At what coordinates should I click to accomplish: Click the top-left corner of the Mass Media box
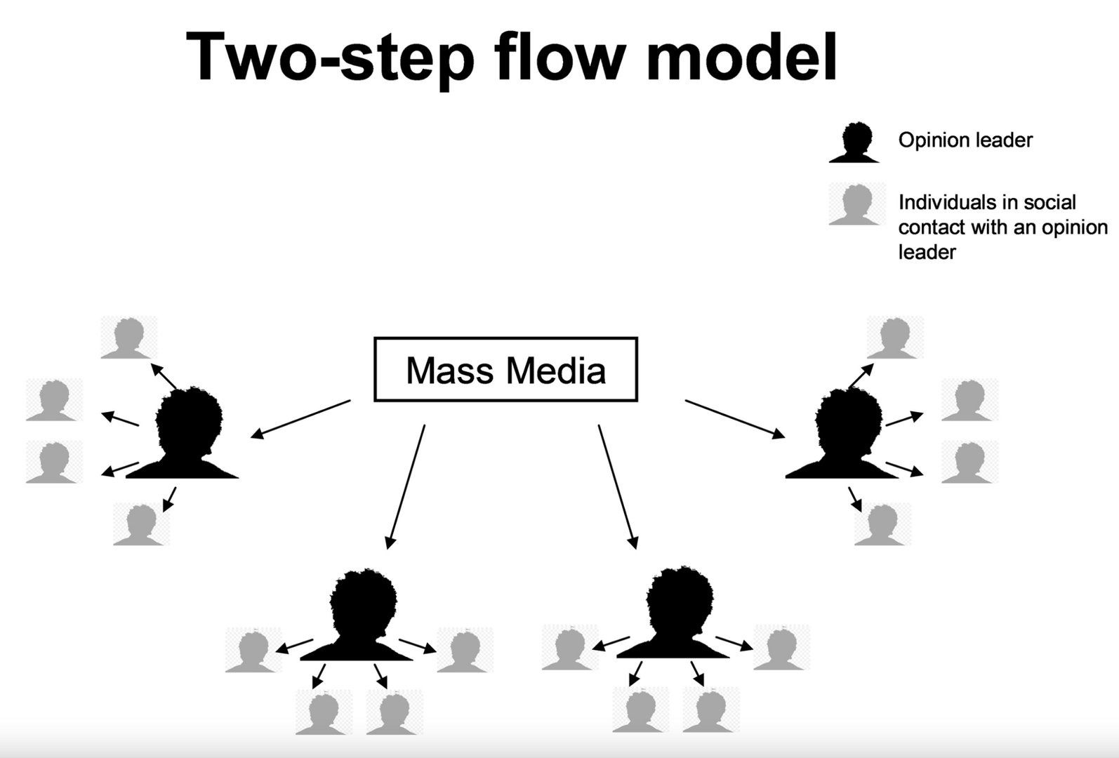click(375, 338)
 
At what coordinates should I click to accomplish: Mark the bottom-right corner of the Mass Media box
click(637, 401)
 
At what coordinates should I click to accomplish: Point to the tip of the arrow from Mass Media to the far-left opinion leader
click(251, 438)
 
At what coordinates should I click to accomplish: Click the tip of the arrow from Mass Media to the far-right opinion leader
click(785, 438)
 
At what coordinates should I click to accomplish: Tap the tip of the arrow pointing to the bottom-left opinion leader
click(388, 549)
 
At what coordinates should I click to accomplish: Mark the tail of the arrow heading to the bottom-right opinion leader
click(599, 425)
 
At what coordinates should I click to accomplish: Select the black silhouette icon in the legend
click(854, 142)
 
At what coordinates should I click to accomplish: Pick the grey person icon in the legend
click(856, 204)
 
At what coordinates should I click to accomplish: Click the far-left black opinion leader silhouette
click(183, 432)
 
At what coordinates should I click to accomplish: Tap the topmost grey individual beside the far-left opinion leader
click(128, 338)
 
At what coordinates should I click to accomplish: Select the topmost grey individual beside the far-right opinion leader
click(894, 338)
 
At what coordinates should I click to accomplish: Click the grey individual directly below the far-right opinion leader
click(882, 524)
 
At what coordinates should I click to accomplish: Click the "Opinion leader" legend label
click(965, 140)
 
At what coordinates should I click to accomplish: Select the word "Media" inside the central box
click(555, 371)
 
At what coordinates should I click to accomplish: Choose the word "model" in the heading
click(741, 55)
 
